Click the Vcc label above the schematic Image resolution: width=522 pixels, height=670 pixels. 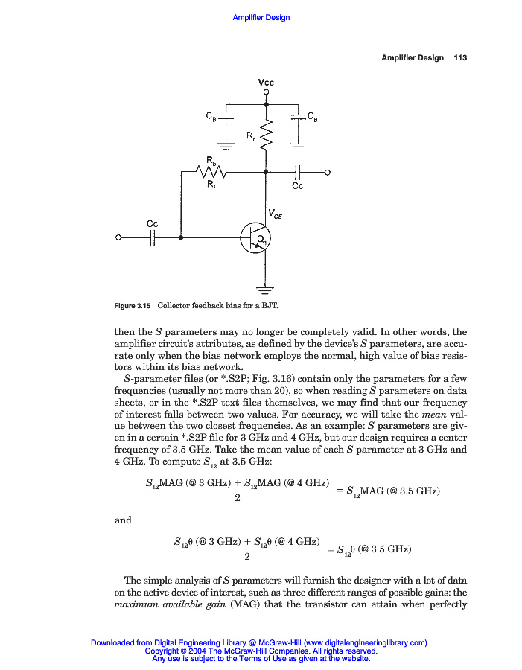pyautogui.click(x=266, y=82)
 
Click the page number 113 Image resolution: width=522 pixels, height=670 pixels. pyautogui.click(x=459, y=58)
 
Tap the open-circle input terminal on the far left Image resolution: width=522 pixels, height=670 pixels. pyautogui.click(x=118, y=238)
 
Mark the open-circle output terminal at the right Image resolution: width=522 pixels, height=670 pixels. pyautogui.click(x=327, y=172)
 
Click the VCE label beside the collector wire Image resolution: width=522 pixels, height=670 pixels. pyautogui.click(x=275, y=215)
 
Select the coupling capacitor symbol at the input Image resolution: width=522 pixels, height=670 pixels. pyautogui.click(x=152, y=238)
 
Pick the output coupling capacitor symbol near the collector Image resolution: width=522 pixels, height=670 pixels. pyautogui.click(x=297, y=172)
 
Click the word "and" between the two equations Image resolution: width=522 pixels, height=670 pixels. pyautogui.click(x=123, y=520)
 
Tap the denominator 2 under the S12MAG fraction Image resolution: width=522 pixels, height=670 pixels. pyautogui.click(x=237, y=498)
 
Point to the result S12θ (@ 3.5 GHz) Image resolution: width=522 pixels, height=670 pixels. pyautogui.click(x=374, y=550)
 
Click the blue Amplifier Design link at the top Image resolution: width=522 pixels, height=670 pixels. pyautogui.click(x=261, y=18)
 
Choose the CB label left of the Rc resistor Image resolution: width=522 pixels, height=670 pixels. pyautogui.click(x=211, y=115)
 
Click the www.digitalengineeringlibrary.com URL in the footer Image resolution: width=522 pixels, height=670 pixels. pyautogui.click(x=365, y=642)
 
